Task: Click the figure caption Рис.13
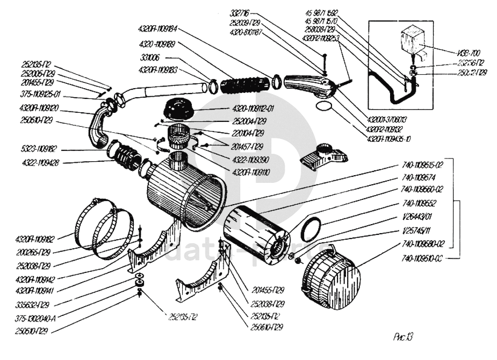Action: tap(402, 337)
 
